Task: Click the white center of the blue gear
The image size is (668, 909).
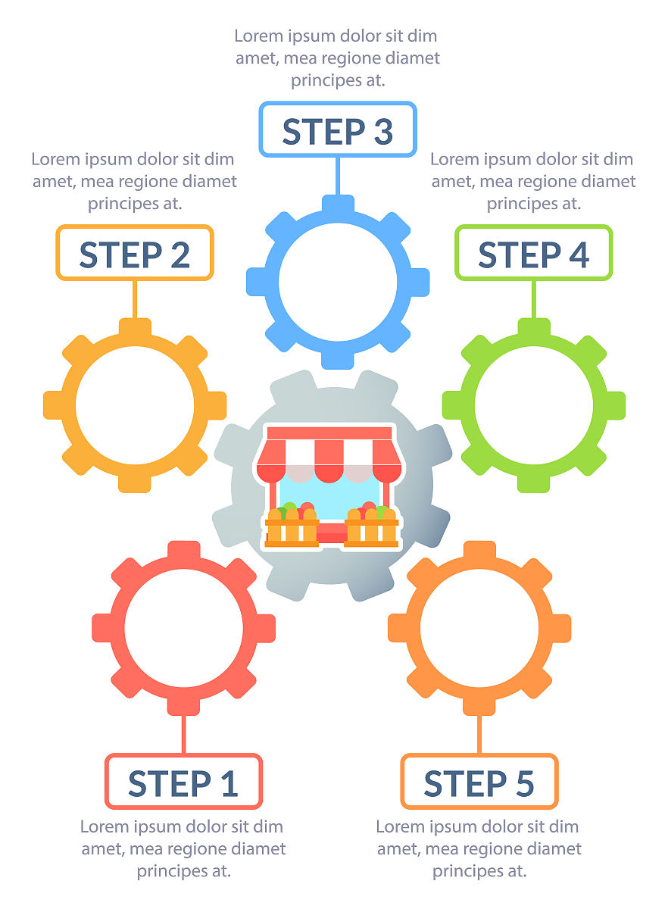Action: [x=338, y=282]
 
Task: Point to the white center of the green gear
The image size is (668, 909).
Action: [x=534, y=405]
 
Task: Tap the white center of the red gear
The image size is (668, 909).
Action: [x=183, y=628]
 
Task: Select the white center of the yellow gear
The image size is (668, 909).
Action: [x=135, y=405]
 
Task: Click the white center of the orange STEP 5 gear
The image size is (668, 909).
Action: [x=479, y=628]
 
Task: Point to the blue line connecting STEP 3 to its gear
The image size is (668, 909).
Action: [x=338, y=176]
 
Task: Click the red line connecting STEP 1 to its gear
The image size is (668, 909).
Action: [x=183, y=734]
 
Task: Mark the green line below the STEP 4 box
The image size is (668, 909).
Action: [x=534, y=299]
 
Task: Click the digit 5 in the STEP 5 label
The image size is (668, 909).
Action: [x=524, y=783]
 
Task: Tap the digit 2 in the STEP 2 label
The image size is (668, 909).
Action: [x=180, y=255]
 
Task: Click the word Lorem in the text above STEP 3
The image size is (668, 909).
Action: [x=259, y=36]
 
